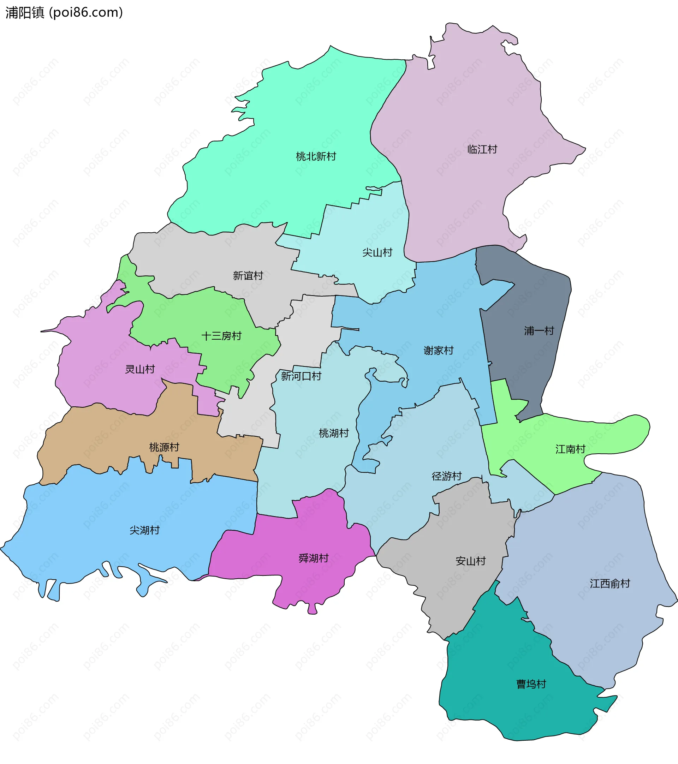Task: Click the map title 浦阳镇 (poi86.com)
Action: (x=64, y=13)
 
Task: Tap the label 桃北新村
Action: (x=316, y=156)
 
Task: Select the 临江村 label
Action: (x=482, y=149)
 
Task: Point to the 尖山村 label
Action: (x=377, y=253)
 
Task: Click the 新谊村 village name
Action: (x=248, y=276)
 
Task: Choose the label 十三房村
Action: (x=221, y=336)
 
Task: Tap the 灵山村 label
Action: (x=140, y=369)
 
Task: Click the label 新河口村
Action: (x=301, y=376)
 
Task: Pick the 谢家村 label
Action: (x=439, y=351)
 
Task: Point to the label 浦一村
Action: (x=539, y=331)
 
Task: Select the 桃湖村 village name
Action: (x=334, y=433)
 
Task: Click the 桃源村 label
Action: (x=164, y=447)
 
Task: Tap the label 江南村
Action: (x=570, y=449)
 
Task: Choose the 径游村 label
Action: (x=447, y=476)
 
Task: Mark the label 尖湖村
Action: (x=144, y=530)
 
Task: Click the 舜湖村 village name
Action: (x=313, y=558)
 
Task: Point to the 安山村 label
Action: (x=471, y=561)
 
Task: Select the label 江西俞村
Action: (x=609, y=584)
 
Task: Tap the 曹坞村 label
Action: (x=531, y=684)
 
